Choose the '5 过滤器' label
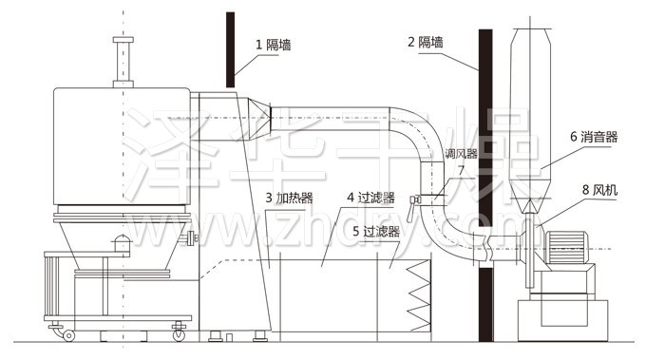375,231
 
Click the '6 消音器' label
594,137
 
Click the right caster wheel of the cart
178,333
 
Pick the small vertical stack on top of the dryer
121,62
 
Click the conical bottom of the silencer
531,191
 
